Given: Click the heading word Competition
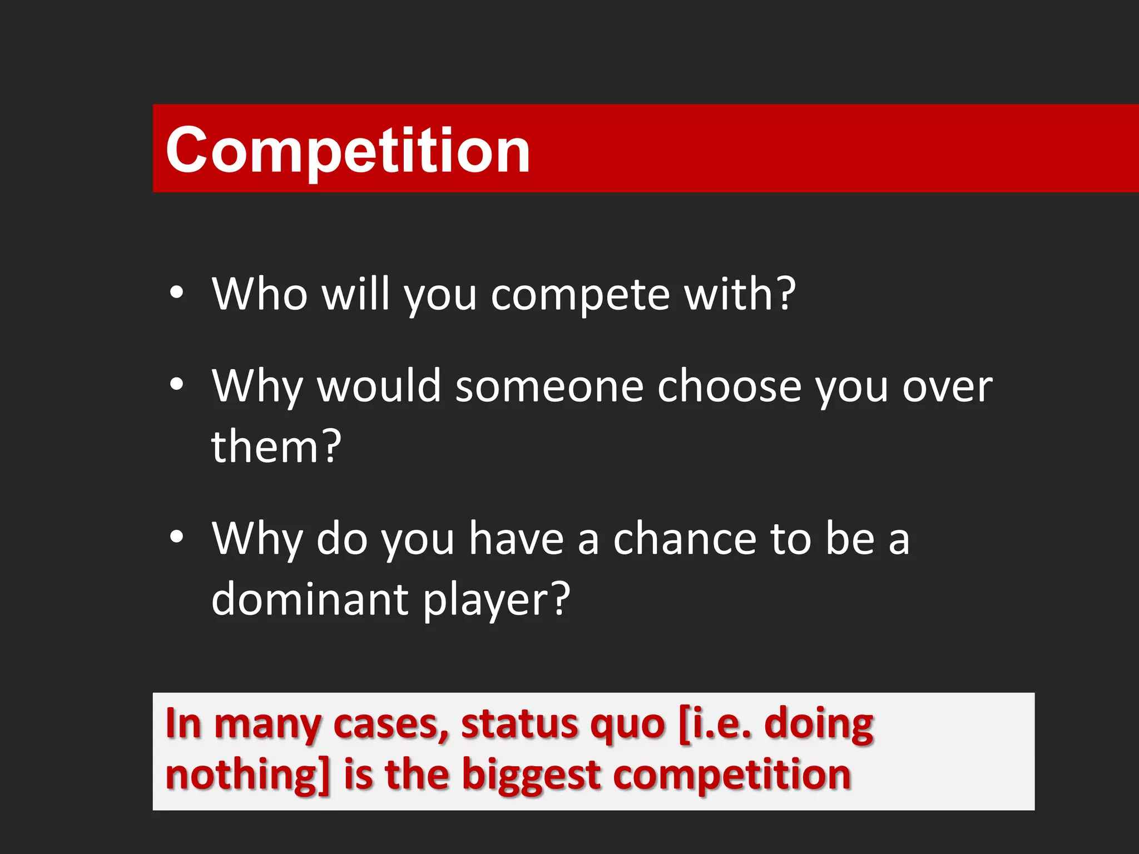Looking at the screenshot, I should tap(348, 150).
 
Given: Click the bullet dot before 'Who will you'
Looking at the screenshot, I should tap(176, 293).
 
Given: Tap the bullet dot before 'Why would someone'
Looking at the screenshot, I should tap(176, 384).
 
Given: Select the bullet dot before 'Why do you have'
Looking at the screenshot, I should tap(176, 537).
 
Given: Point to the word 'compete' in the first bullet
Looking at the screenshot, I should tap(580, 295).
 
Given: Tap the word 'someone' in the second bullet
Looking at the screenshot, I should tap(549, 386).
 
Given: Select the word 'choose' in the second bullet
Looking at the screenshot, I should tap(729, 386).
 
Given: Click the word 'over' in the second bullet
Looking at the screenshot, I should tap(947, 387).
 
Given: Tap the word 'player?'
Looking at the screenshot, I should tap(496, 600).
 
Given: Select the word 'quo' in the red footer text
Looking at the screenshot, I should tap(627, 726).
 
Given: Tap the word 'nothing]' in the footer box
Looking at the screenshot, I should tap(248, 775).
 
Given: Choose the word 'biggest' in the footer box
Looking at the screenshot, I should tap(532, 776).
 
